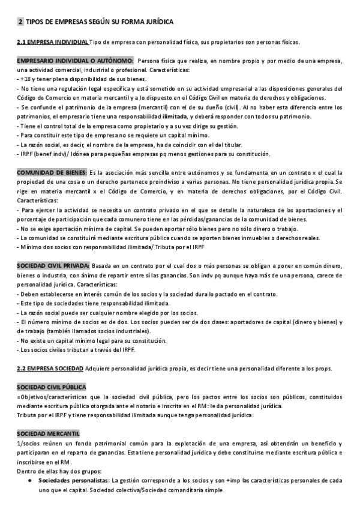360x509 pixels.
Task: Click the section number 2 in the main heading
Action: click(x=21, y=22)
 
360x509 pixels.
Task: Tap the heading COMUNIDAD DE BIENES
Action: click(x=52, y=172)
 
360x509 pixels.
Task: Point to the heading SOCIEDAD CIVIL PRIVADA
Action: click(x=53, y=266)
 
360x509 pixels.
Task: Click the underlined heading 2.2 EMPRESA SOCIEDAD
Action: click(x=50, y=368)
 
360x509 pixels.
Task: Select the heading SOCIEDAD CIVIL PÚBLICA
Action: click(x=52, y=388)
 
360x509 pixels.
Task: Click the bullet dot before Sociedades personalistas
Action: click(x=30, y=481)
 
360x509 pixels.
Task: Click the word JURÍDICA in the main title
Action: click(x=160, y=22)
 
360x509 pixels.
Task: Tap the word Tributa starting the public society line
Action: click(x=28, y=415)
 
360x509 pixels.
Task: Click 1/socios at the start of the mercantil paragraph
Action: click(x=29, y=444)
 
